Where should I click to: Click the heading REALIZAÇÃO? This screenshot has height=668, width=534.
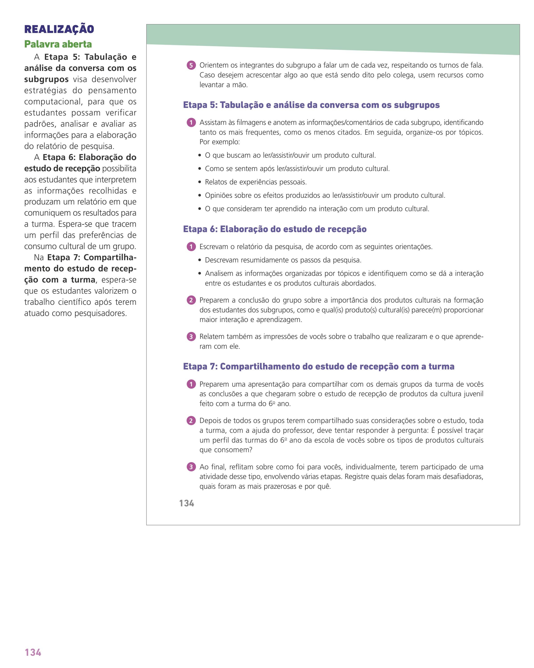59,29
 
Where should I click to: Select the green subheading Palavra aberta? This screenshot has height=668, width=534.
58,44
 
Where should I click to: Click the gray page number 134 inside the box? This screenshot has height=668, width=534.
187,503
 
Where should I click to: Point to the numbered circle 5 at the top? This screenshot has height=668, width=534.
191,65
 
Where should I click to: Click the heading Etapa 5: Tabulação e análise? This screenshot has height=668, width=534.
311,105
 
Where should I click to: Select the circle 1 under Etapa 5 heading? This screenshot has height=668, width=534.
191,123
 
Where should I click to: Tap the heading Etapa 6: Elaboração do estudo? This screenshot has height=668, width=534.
275,229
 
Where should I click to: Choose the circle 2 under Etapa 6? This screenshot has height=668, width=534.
191,300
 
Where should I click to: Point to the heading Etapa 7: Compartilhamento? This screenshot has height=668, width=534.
319,367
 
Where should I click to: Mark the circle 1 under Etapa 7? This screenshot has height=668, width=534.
191,384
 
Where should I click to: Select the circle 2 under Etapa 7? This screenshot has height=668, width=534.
191,421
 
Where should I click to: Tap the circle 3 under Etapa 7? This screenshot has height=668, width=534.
191,467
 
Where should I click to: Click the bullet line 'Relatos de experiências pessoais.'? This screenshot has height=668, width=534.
256,182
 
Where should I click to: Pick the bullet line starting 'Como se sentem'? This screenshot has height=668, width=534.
297,169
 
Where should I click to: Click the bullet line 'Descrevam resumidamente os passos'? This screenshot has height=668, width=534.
283,260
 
